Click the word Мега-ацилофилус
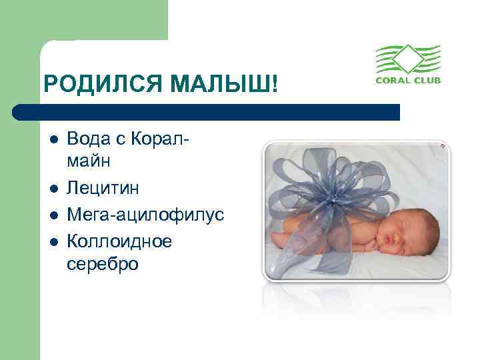click(x=145, y=215)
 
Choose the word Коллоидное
click(x=119, y=241)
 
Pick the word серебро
click(x=103, y=263)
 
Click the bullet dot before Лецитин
click(x=52, y=189)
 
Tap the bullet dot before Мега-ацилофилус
click(x=52, y=216)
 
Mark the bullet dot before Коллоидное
click(x=52, y=242)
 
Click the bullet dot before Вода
click(x=52, y=141)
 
